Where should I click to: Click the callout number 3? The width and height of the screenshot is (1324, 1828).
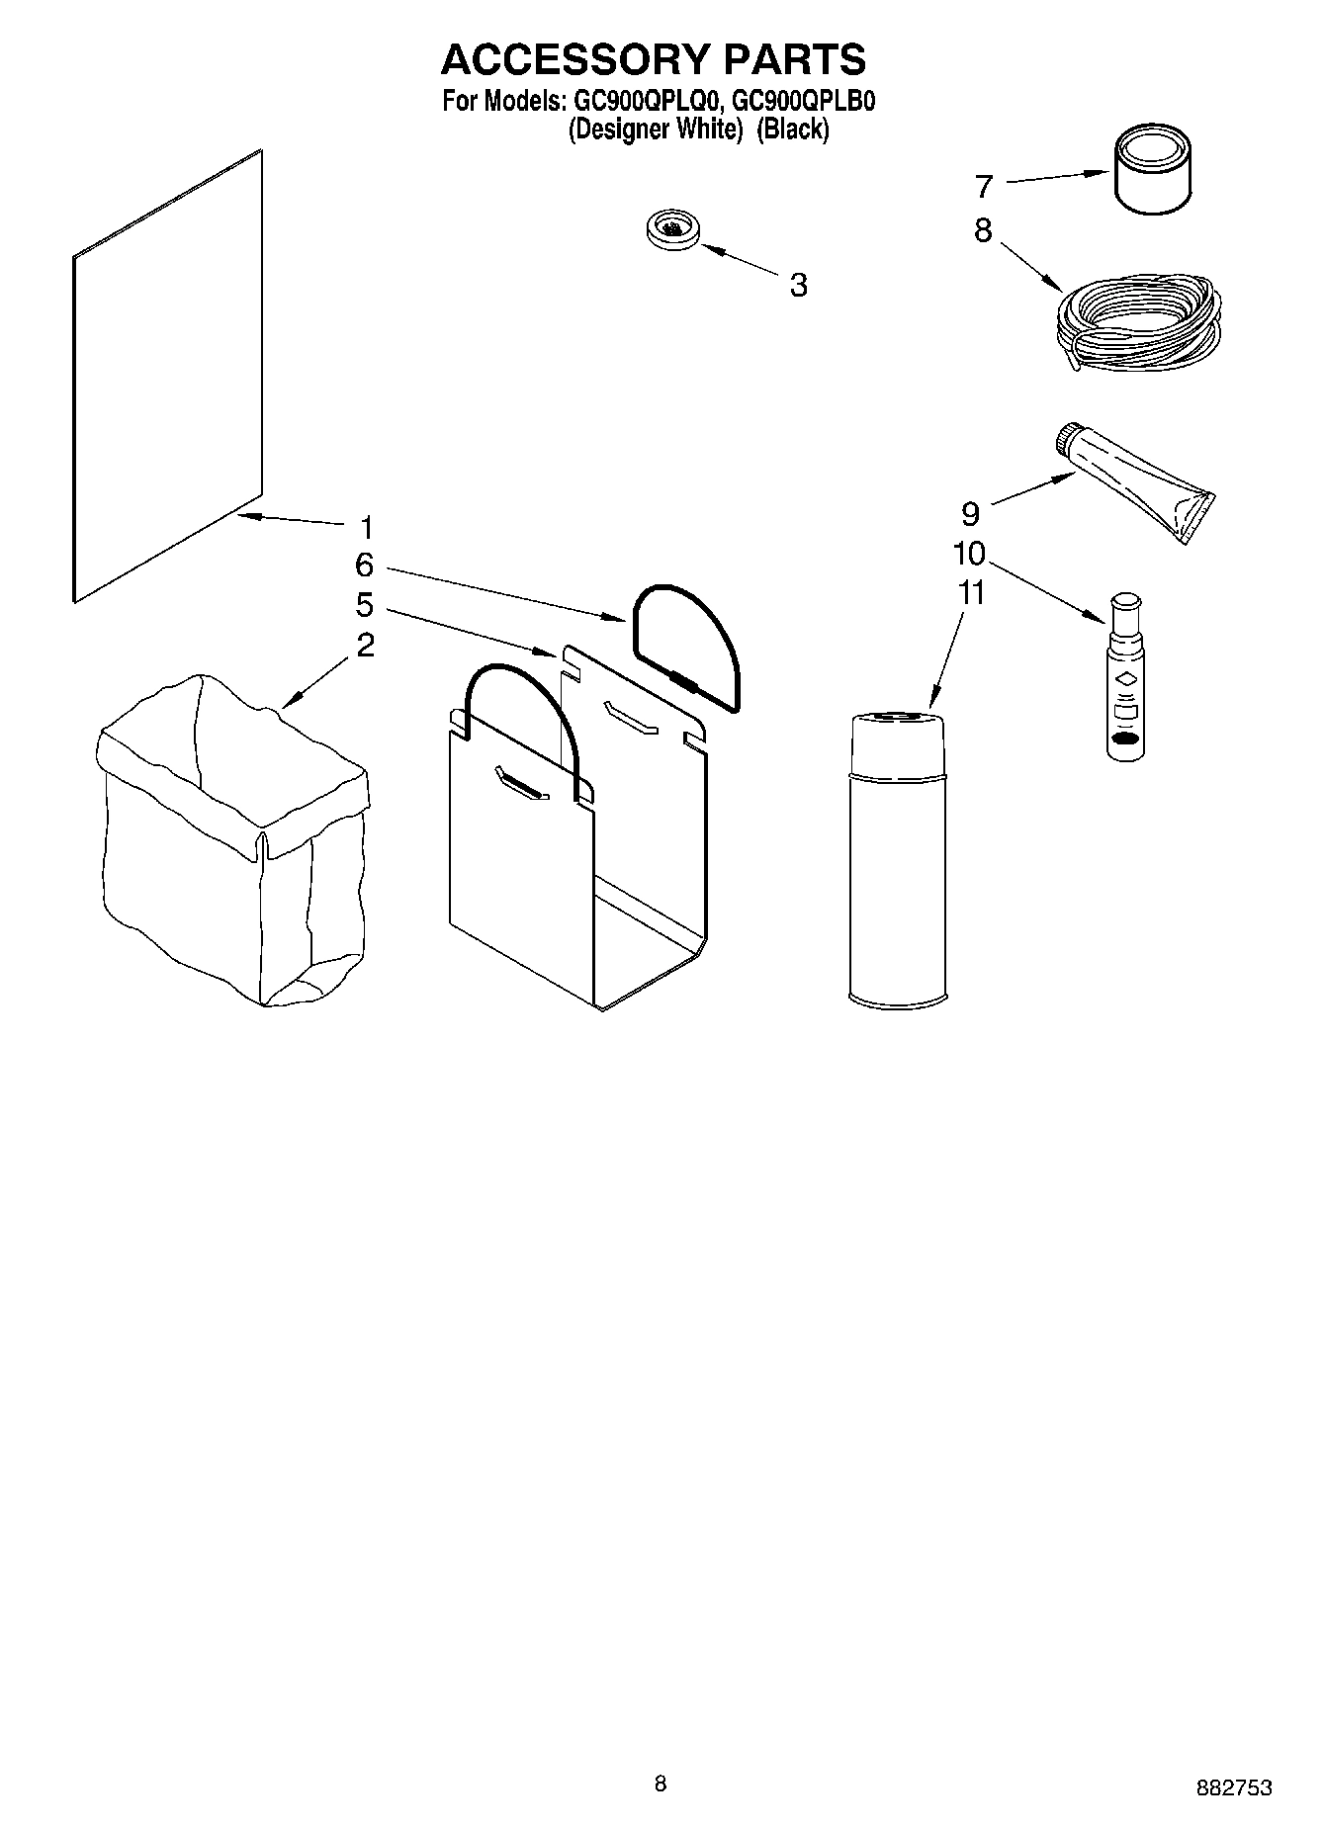pyautogui.click(x=798, y=285)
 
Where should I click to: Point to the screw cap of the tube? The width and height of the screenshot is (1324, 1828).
pyautogui.click(x=1067, y=441)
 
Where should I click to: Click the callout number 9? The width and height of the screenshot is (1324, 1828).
pyautogui.click(x=970, y=513)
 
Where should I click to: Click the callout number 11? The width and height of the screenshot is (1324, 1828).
pyautogui.click(x=972, y=593)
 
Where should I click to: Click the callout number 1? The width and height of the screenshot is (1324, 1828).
pyautogui.click(x=366, y=526)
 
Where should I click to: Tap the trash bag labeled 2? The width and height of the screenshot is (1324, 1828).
pyautogui.click(x=233, y=840)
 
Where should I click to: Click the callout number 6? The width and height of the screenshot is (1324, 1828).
pyautogui.click(x=365, y=566)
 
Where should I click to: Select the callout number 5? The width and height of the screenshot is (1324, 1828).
pyautogui.click(x=365, y=604)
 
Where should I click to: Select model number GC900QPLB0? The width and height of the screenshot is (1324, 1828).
pyautogui.click(x=803, y=101)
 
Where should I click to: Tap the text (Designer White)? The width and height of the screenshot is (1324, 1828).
pyautogui.click(x=655, y=129)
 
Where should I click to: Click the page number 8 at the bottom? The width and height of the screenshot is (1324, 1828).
pyautogui.click(x=661, y=1784)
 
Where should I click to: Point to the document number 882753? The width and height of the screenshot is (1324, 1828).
pyautogui.click(x=1234, y=1787)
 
